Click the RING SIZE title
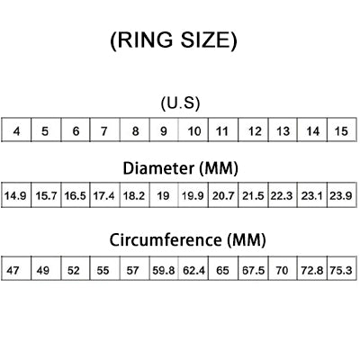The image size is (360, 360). click(174, 40)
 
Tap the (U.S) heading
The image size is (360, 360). click(180, 103)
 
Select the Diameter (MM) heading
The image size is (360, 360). click(181, 168)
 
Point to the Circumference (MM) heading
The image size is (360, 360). click(187, 240)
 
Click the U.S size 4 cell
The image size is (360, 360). click(16, 130)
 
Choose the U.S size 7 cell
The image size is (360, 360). click(104, 130)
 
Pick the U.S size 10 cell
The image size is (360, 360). click(193, 130)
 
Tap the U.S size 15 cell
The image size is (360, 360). click(342, 130)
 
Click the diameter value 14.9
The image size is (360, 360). click(15, 196)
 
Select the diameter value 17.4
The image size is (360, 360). click(103, 196)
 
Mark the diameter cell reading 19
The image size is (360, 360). click(164, 195)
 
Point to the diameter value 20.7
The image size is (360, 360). click(223, 196)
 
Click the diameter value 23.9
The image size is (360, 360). click(341, 196)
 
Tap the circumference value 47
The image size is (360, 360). click(13, 271)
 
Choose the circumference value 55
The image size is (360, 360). click(103, 271)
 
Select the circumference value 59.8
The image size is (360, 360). click(164, 271)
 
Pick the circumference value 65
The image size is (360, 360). click(222, 271)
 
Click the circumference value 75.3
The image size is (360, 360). click(341, 271)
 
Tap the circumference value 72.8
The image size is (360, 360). click(312, 271)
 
